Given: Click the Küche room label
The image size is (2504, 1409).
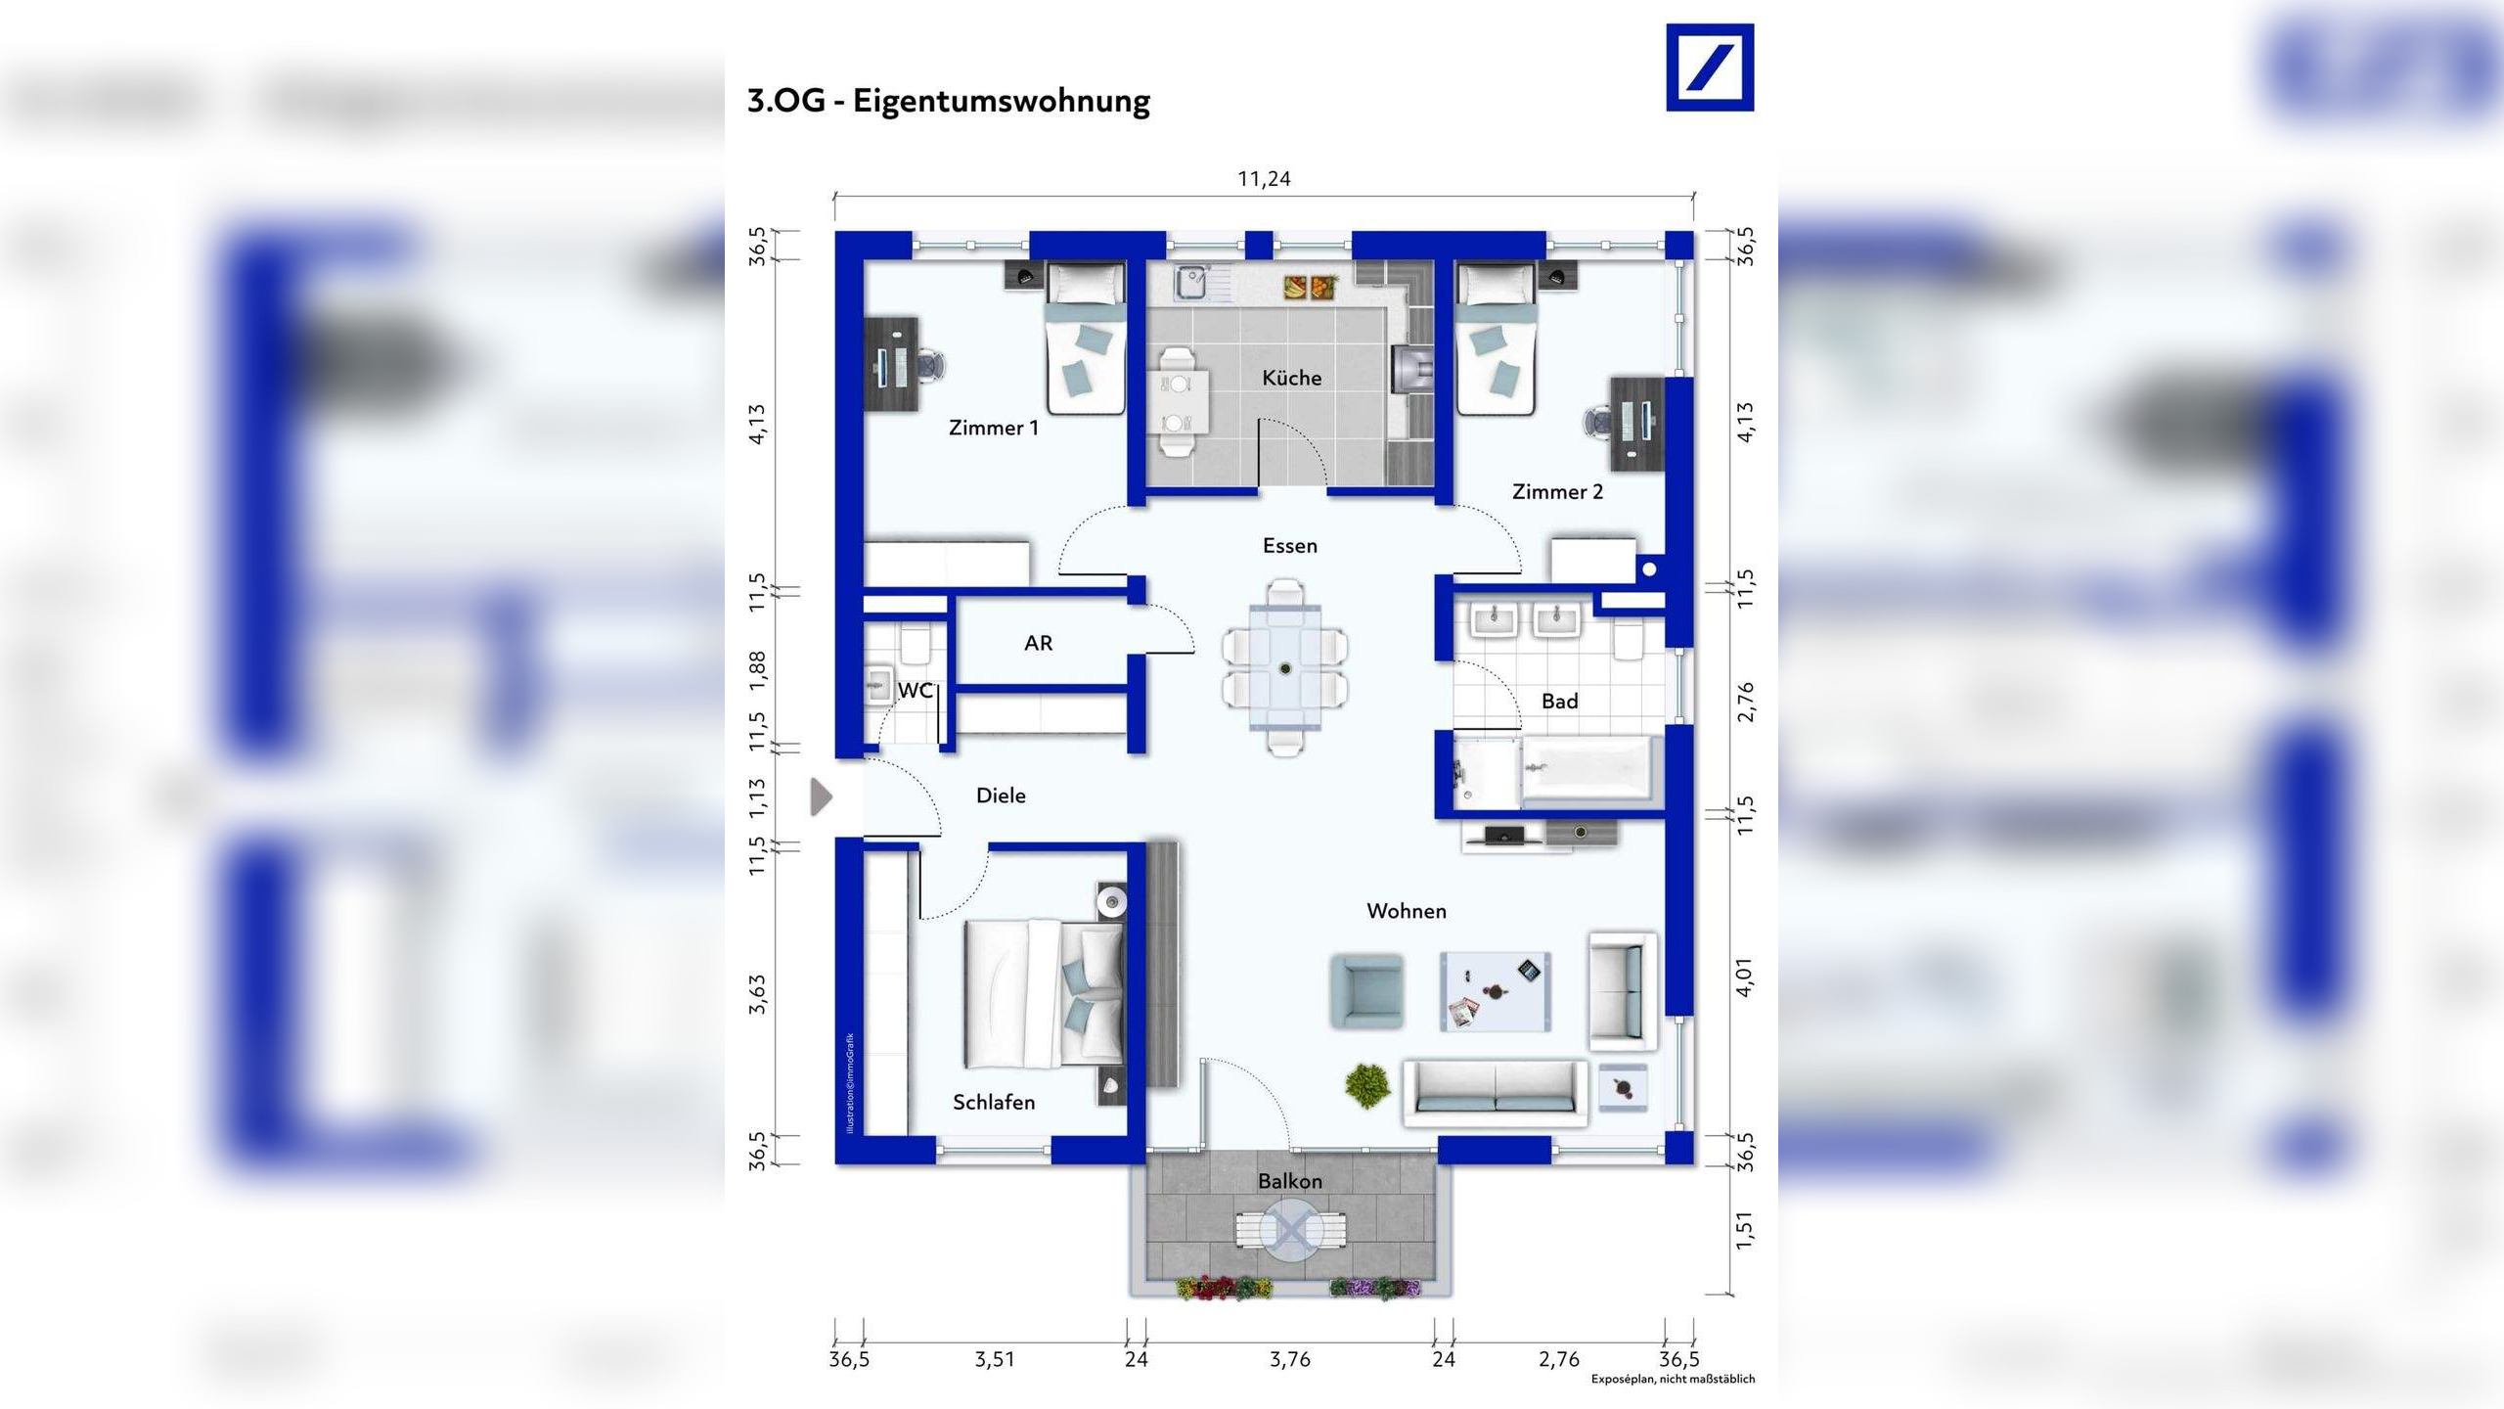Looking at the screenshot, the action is (1291, 378).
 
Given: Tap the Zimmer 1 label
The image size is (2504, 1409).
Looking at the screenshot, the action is (994, 428).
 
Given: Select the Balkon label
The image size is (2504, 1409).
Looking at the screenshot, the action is (1290, 1181).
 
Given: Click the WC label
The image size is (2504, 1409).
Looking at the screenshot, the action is (916, 690).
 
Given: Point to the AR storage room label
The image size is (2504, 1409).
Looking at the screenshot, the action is (1038, 643).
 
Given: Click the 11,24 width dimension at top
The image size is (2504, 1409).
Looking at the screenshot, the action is (1264, 179).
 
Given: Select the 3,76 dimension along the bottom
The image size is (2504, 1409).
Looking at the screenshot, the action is (1290, 1359).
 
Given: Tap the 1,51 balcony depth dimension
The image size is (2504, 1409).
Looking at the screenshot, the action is (1744, 1230).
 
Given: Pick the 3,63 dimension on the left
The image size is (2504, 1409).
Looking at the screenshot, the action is (757, 993).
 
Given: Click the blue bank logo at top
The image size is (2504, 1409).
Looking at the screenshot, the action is (1710, 68).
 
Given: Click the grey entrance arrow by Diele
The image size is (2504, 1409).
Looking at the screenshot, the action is (822, 796).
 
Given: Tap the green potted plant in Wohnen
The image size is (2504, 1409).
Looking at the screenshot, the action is (1366, 1085).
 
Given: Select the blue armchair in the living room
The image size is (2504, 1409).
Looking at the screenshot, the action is (1366, 991).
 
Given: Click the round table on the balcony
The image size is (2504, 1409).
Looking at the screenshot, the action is (1291, 1235).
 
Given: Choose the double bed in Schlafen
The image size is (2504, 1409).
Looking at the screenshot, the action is (1044, 993).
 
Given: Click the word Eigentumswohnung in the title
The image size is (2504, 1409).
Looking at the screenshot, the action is (1002, 102).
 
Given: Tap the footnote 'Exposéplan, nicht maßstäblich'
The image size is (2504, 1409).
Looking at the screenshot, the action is (1673, 1379).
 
